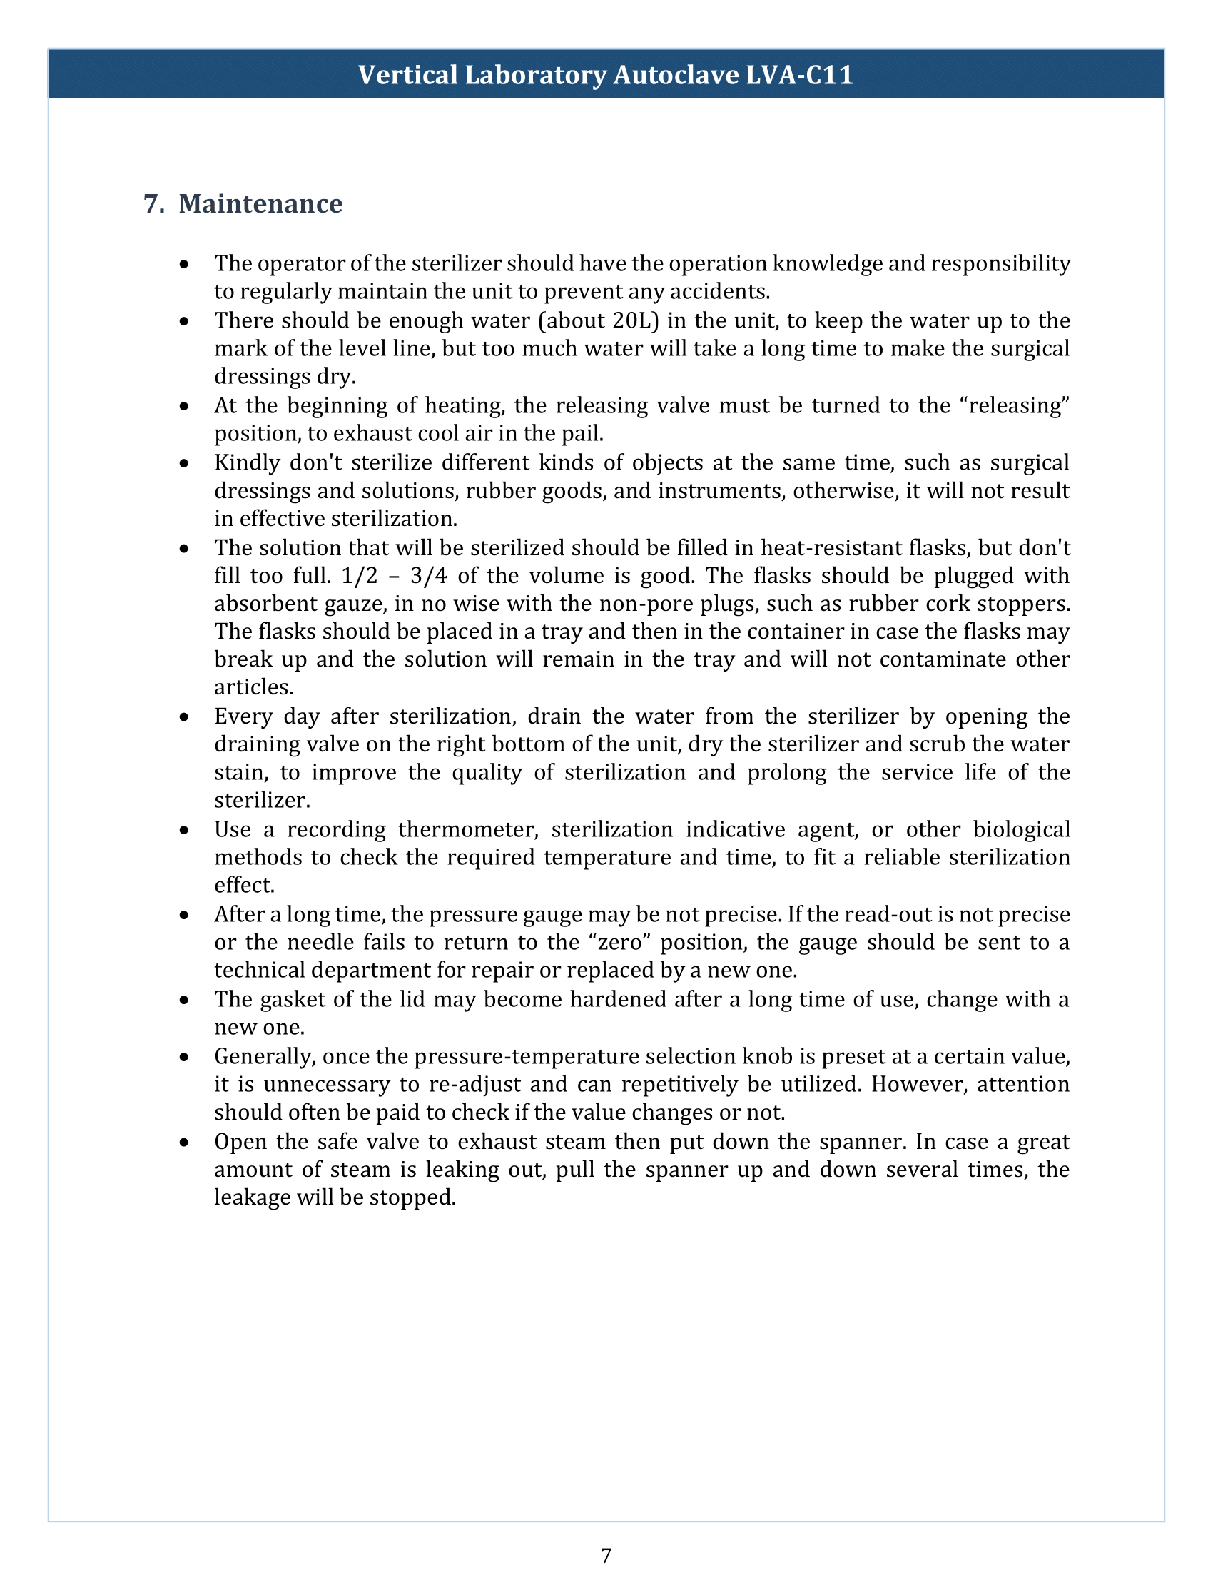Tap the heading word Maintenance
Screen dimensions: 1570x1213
point(260,203)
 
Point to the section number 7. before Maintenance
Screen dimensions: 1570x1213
point(154,203)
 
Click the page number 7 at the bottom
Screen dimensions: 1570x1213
point(606,1555)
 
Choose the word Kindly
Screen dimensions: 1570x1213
point(247,462)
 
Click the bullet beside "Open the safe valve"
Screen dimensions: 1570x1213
point(186,1142)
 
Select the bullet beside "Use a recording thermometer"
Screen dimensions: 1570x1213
point(186,829)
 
